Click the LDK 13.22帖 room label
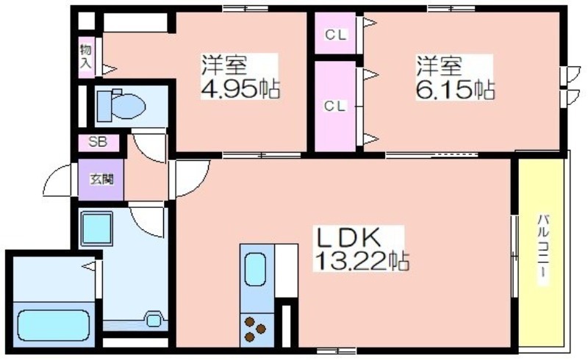[x=362, y=249]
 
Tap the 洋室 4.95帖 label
[x=240, y=76]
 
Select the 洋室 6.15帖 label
[x=455, y=77]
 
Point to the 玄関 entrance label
[x=101, y=179]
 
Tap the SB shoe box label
[x=98, y=142]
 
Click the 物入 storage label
[x=86, y=57]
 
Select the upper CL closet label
[x=336, y=35]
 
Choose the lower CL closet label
[x=335, y=107]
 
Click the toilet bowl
[x=121, y=105]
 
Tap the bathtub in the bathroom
[x=53, y=325]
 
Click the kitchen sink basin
[x=255, y=269]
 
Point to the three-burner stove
[x=255, y=329]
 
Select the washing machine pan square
[x=97, y=228]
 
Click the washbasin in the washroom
[x=153, y=320]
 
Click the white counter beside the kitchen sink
[x=287, y=270]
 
